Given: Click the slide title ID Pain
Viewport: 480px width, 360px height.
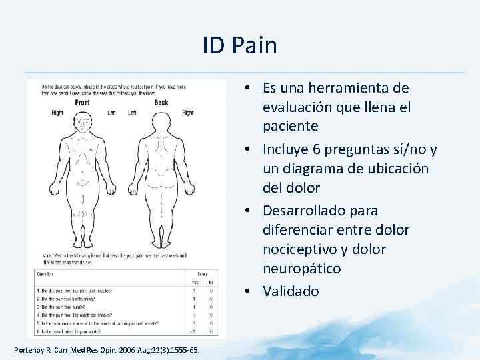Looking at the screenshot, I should [x=239, y=45].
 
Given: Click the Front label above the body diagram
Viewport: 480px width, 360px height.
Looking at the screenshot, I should [x=82, y=103].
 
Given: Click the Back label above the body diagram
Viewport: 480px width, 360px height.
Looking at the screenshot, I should [x=161, y=103].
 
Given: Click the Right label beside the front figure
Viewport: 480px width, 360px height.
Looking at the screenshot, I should [x=57, y=113].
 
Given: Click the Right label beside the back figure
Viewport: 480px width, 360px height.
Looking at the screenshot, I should [x=188, y=113].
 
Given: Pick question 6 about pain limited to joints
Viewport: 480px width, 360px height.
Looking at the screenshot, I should [x=77, y=331].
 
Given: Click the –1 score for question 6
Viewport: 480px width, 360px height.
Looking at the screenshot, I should [x=193, y=331].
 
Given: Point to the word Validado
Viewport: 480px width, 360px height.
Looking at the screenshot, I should [x=291, y=291].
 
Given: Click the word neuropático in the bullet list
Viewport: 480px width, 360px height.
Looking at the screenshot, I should [x=301, y=269].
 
